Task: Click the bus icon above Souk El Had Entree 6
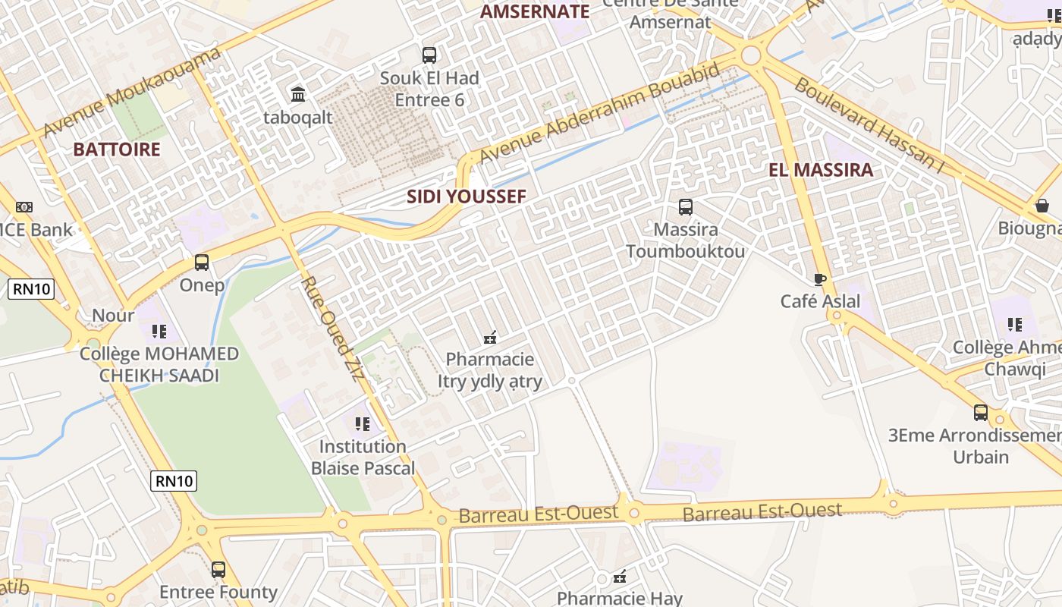(429, 55)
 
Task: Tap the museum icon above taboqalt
(298, 95)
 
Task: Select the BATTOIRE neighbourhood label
(117, 149)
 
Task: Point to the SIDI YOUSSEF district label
(466, 197)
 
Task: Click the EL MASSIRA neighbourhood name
(821, 170)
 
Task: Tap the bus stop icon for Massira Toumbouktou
(686, 206)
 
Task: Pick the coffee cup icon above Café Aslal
(820, 279)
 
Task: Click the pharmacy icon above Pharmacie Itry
(490, 336)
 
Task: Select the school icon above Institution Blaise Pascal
(363, 423)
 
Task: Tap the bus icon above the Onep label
(202, 263)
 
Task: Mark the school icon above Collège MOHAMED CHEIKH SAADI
(159, 331)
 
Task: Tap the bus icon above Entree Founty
(218, 569)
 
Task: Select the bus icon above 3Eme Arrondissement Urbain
(981, 413)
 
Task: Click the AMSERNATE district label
(535, 11)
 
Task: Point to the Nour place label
(113, 315)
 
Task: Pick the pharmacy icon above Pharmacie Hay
(620, 576)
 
